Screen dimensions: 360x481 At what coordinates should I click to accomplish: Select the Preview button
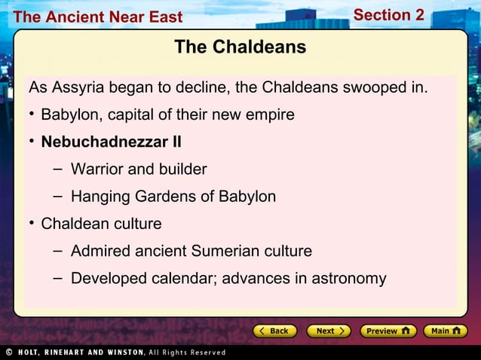pos(388,331)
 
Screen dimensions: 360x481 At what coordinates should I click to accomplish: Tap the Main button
pos(445,331)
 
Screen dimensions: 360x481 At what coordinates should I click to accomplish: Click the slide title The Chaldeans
pos(240,47)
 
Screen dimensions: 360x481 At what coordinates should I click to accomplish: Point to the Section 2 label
pos(388,15)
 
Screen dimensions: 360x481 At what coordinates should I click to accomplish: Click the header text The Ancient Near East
pos(98,17)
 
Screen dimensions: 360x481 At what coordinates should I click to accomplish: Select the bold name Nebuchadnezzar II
pos(111,142)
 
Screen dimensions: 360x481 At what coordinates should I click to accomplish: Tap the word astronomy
pos(348,279)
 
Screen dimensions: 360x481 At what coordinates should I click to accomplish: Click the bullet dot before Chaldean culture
pos(32,224)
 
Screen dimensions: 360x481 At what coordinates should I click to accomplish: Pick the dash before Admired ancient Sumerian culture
pos(57,250)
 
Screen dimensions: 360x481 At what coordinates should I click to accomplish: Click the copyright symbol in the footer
pos(9,352)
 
